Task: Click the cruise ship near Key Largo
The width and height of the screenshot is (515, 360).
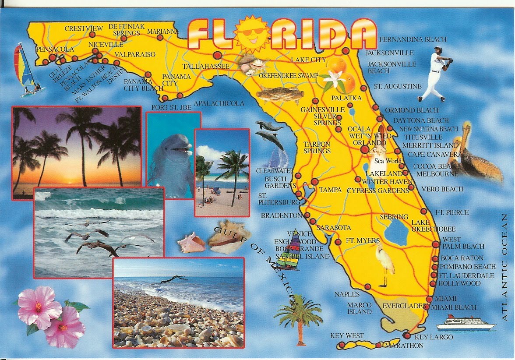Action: pos(465,323)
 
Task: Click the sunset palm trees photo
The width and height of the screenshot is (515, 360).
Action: pos(77,149)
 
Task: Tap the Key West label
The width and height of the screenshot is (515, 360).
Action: pos(347,336)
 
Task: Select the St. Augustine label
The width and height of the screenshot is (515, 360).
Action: pos(397,87)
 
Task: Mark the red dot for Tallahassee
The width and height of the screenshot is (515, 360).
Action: pos(217,56)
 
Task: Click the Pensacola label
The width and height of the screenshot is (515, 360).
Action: pos(55,49)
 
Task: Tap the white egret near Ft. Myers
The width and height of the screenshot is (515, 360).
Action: pos(385,263)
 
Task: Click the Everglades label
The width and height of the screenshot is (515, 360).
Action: pos(404,306)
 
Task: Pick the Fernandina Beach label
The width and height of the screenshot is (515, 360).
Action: pos(413,39)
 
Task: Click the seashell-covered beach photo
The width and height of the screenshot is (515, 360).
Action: pos(178,302)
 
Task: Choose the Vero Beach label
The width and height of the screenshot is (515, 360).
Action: pos(442,189)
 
